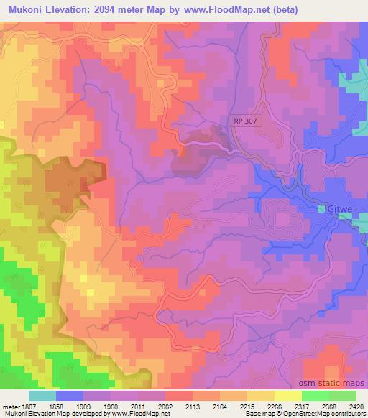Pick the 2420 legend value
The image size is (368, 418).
click(x=356, y=406)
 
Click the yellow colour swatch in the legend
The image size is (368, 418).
click(x=287, y=396)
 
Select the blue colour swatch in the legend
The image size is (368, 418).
click(x=69, y=396)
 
